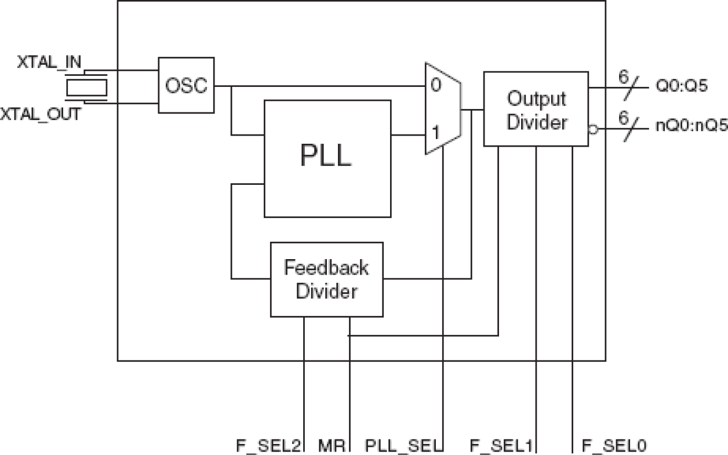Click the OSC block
coord(186,85)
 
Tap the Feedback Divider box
coord(326,279)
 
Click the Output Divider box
coord(536,109)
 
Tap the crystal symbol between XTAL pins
coord(87,88)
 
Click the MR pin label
coord(332,446)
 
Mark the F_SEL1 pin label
coord(501,446)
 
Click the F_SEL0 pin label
coord(614,446)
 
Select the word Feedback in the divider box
coord(326,268)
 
